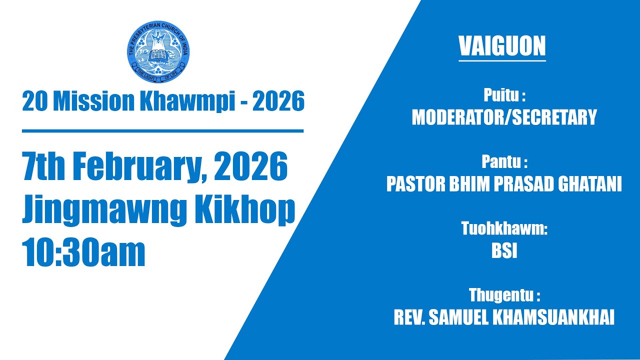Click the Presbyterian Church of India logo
pyautogui.click(x=158, y=52)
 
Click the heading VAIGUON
pyautogui.click(x=502, y=46)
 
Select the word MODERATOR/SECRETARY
pyautogui.click(x=504, y=117)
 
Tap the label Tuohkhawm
pyautogui.click(x=504, y=229)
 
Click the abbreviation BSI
pyautogui.click(x=504, y=251)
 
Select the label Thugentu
pyautogui.click(x=504, y=295)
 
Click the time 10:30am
pyautogui.click(x=83, y=253)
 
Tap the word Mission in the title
pyautogui.click(x=93, y=102)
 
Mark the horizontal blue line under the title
pyautogui.click(x=162, y=131)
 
